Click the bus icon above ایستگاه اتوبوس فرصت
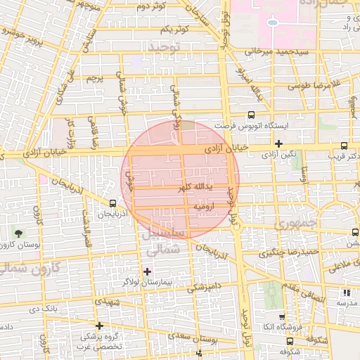[251, 115]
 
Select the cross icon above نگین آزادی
[279, 143]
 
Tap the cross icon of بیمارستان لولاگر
[147, 271]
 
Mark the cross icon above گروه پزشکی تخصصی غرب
[100, 326]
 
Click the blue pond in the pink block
[271, 21]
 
